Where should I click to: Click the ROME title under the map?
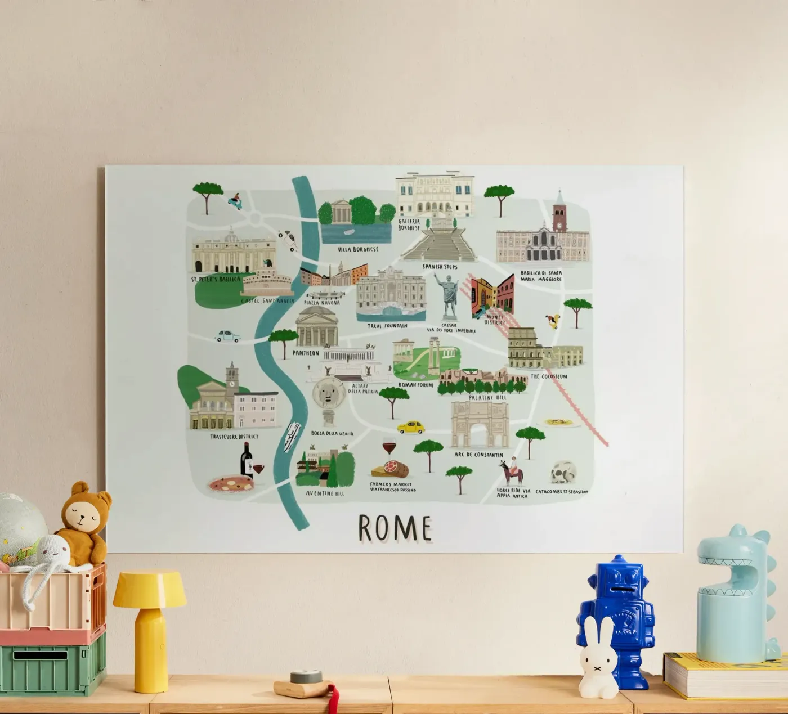click(395, 528)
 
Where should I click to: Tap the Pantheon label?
click(306, 353)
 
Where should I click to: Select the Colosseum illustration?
click(544, 349)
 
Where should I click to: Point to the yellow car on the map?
click(411, 427)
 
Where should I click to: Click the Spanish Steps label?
click(440, 267)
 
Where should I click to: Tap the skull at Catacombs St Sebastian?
click(563, 473)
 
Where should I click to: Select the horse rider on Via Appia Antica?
click(511, 472)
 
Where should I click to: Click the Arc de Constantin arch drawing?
click(480, 425)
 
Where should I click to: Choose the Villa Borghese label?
click(357, 249)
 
